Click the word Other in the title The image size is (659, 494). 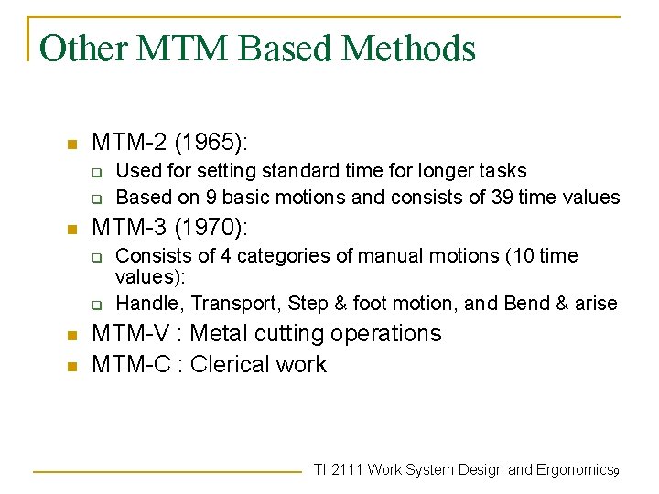[84, 48]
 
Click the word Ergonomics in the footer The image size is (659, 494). [573, 469]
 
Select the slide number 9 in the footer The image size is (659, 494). [617, 471]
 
